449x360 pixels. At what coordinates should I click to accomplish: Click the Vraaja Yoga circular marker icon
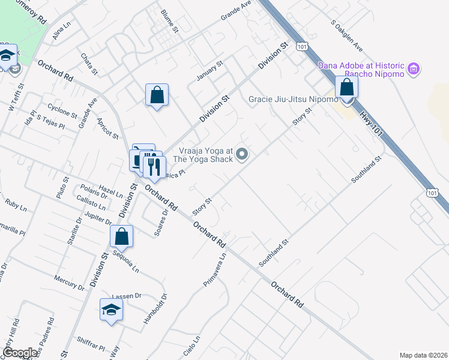[243, 155]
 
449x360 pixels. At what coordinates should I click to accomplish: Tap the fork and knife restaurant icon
[154, 166]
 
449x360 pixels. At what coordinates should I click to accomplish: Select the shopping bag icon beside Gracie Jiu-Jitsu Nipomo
[347, 88]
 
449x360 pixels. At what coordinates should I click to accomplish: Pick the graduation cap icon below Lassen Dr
[112, 310]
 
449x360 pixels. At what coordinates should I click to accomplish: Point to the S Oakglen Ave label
[347, 35]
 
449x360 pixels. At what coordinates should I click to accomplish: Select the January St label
[210, 71]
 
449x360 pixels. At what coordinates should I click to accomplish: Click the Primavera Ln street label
[214, 269]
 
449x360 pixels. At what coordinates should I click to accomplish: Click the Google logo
[20, 353]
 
